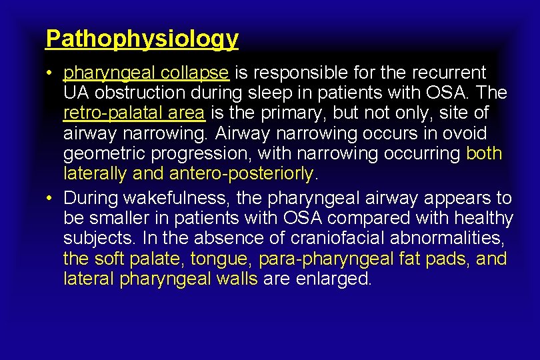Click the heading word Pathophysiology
pyautogui.click(x=141, y=39)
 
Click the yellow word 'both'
pyautogui.click(x=484, y=153)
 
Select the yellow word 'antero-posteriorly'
pyautogui.click(x=241, y=173)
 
